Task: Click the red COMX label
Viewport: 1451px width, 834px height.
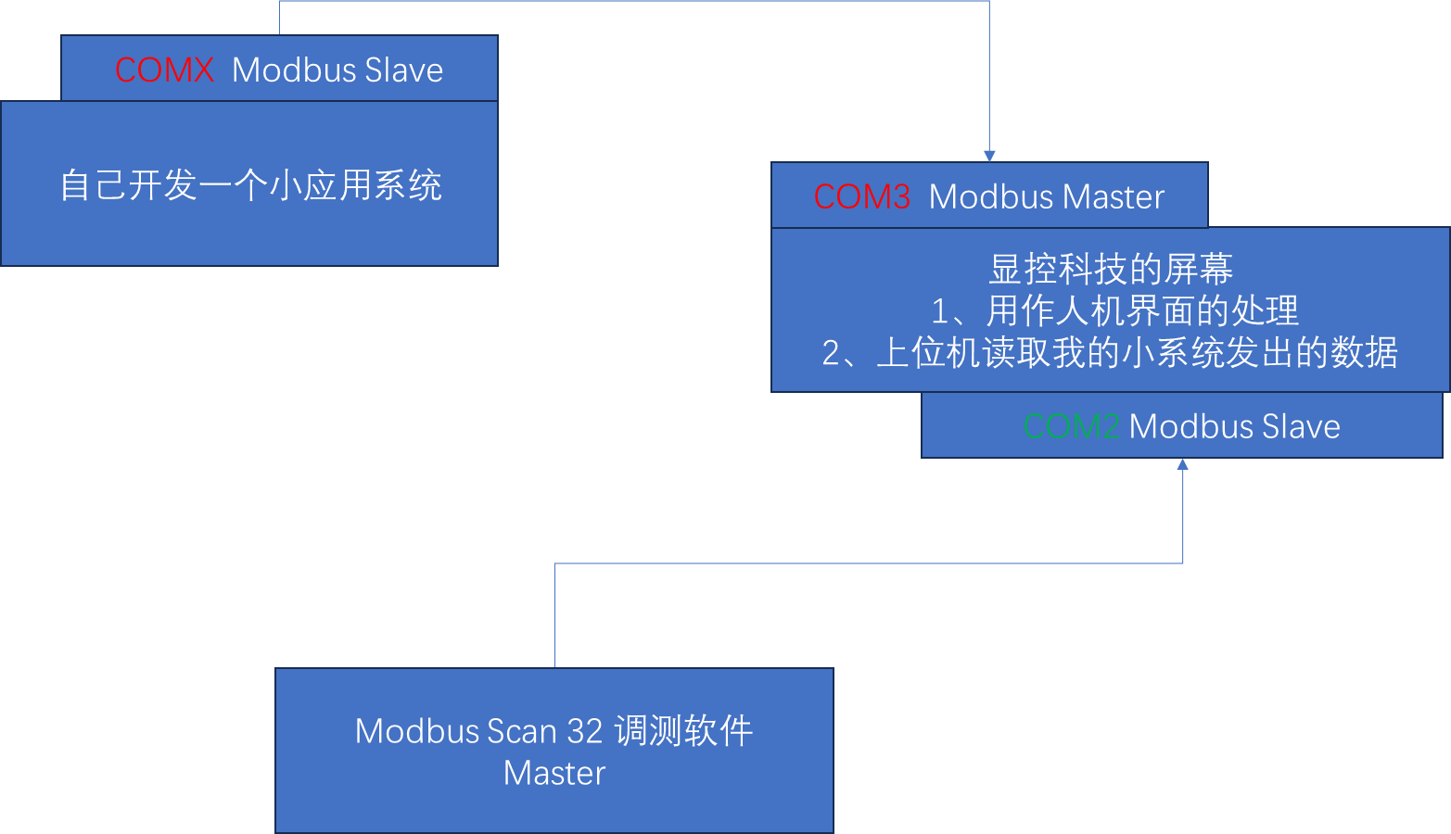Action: (164, 70)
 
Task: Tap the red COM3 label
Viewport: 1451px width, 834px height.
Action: (862, 196)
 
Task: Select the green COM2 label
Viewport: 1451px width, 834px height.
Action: (1071, 426)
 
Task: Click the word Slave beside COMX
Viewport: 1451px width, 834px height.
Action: (403, 70)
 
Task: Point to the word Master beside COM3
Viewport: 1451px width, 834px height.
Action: (1113, 196)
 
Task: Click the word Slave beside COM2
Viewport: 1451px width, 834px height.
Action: (1300, 426)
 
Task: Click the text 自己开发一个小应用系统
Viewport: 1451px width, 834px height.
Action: (250, 185)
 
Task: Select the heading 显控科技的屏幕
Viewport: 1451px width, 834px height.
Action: (1111, 269)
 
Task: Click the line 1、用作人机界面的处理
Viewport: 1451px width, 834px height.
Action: (1114, 310)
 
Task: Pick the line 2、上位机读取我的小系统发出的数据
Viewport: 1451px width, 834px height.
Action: (1110, 353)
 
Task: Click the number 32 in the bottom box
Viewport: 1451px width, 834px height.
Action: (584, 731)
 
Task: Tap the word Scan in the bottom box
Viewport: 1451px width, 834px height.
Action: (521, 731)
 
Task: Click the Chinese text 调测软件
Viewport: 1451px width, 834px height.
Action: (683, 731)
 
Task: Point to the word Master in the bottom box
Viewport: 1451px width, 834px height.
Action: (554, 773)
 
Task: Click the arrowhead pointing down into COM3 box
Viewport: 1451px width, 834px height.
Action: (989, 156)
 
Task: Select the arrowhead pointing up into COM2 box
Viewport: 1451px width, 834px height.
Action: (1183, 464)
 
